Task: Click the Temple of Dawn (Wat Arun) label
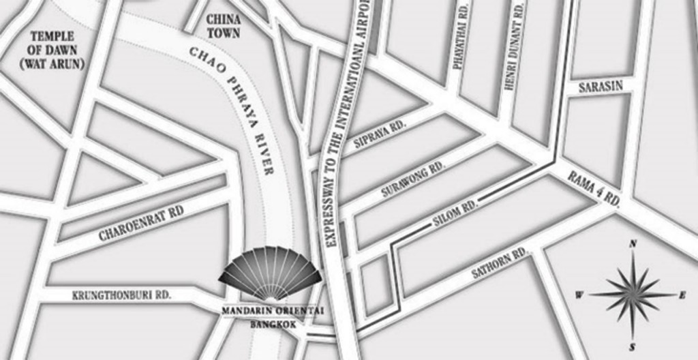point(52,50)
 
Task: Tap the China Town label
point(223,26)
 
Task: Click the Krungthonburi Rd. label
point(121,295)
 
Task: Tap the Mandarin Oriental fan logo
point(270,273)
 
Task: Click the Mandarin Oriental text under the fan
point(273,311)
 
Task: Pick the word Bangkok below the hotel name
point(273,325)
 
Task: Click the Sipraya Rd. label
point(380,133)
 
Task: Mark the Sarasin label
point(601,87)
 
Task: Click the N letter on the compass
point(633,243)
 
